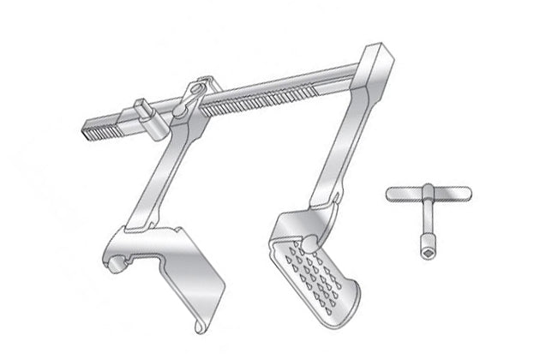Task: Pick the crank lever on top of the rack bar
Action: [195, 93]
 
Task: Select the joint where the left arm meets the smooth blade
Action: [137, 224]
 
